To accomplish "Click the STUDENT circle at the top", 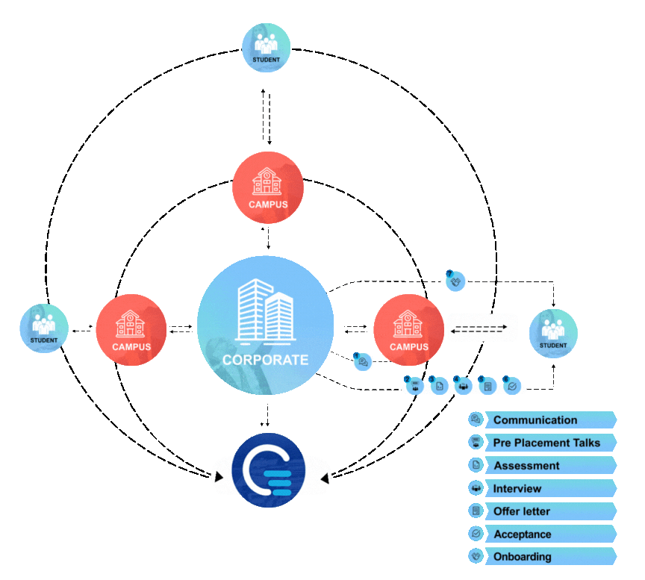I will coord(267,48).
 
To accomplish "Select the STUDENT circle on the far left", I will coord(44,329).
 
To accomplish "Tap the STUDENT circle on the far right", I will coord(553,334).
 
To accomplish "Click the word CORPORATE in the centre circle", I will coord(265,360).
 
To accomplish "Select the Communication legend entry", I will coord(535,420).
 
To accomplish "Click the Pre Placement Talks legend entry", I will coord(546,443).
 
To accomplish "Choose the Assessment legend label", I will coord(526,466).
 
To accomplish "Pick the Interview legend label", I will coord(517,489).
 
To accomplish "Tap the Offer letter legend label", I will coord(522,511).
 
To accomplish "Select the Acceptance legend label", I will coord(523,534).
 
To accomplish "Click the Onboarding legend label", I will coord(523,557).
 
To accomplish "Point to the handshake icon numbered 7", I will coord(456,281).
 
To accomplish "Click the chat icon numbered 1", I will coord(363,362).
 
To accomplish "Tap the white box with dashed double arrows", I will coord(482,328).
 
